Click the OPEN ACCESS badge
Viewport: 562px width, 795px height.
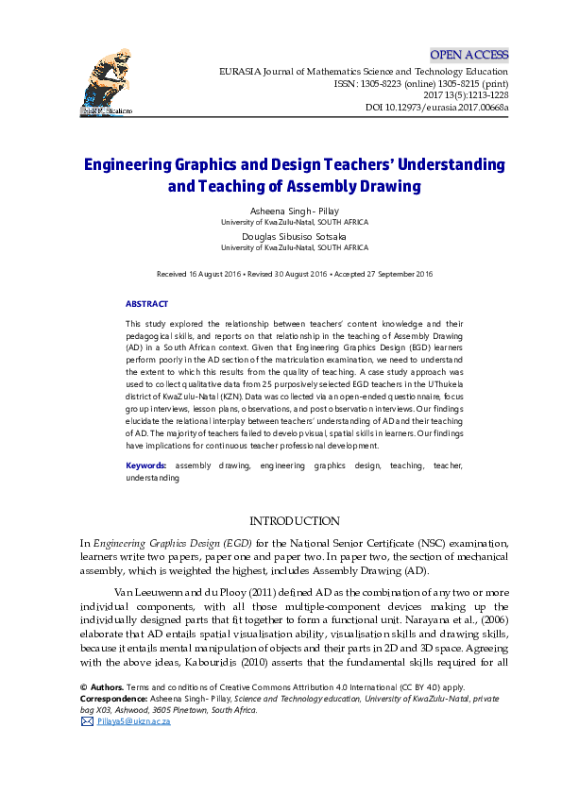click(x=469, y=55)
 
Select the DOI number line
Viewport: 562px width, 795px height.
click(x=436, y=108)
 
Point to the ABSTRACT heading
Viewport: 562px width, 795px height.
click(x=146, y=304)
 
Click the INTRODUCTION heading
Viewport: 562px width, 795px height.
click(x=293, y=521)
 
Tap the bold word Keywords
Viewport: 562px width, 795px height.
click(x=146, y=466)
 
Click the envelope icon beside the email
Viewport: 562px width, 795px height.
click(x=87, y=720)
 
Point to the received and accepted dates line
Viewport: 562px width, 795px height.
click(x=294, y=274)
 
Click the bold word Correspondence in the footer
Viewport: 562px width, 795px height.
click(x=111, y=700)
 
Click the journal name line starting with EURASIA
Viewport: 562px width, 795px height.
click(x=363, y=71)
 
